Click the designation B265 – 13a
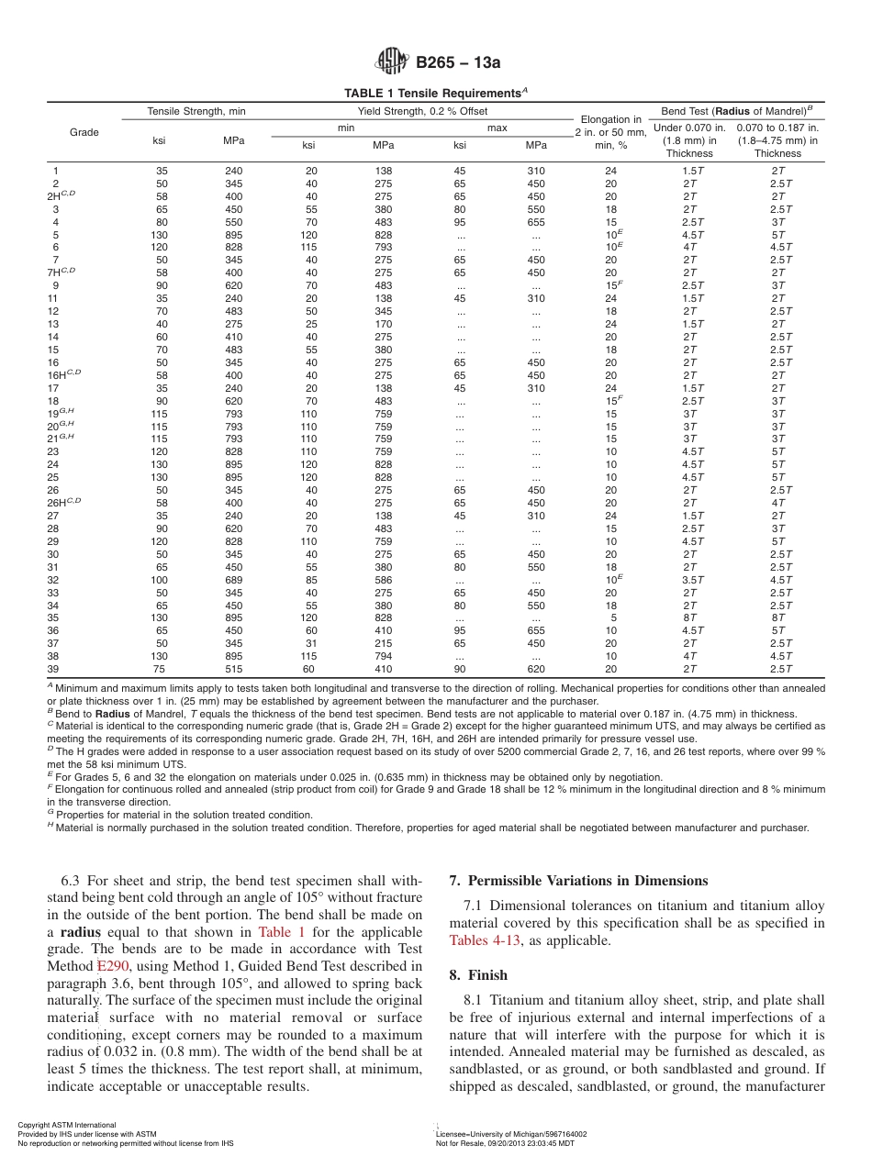pos(458,63)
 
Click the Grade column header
pos(84,132)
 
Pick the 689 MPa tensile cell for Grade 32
pos(233,580)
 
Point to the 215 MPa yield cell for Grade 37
pos(383,644)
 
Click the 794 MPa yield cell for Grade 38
pos(383,657)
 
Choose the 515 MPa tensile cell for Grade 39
pos(233,670)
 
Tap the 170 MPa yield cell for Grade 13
pos(383,324)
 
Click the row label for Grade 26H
pos(64,503)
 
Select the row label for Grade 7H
pos(63,273)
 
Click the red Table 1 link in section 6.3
pos(274,931)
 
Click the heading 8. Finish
pos(478,974)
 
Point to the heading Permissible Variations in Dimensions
pos(578,881)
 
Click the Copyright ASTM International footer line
pos(67,1125)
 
